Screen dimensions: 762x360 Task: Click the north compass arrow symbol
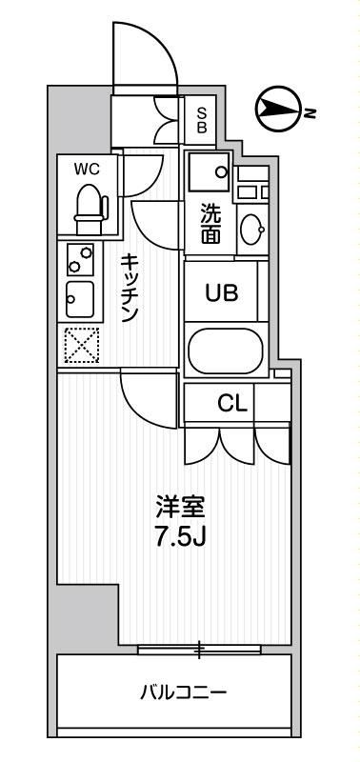coord(277,110)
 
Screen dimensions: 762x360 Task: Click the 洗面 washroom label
coord(210,225)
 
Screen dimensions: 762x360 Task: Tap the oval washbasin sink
coord(252,230)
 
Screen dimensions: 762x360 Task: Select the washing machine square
coord(209,172)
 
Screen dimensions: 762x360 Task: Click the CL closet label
coord(232,403)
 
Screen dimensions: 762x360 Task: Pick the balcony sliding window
coord(199,651)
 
